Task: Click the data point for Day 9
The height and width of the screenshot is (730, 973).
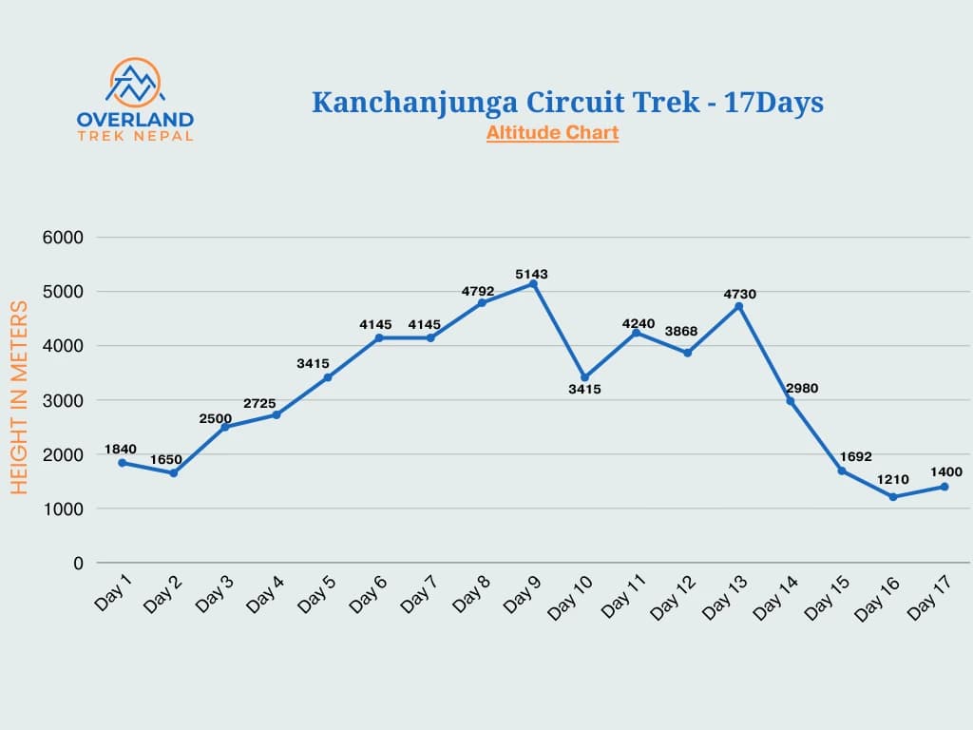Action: [x=533, y=283]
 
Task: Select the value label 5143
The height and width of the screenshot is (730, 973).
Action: [x=533, y=274]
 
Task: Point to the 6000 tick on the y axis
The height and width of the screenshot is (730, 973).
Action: [x=64, y=238]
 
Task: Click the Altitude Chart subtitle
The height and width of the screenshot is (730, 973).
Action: [x=552, y=133]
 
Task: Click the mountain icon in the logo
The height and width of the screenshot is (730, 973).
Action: [x=135, y=84]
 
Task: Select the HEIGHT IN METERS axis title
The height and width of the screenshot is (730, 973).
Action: [x=19, y=397]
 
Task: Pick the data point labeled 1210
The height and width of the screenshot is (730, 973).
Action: [x=893, y=497]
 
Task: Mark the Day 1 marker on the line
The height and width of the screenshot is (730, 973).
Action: [x=122, y=463]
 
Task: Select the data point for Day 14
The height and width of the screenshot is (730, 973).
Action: [x=791, y=401]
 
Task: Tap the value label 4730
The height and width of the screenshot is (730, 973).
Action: [x=738, y=295]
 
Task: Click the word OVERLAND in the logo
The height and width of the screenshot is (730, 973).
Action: [x=135, y=120]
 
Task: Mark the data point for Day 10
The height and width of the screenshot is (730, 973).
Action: [x=584, y=377]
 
